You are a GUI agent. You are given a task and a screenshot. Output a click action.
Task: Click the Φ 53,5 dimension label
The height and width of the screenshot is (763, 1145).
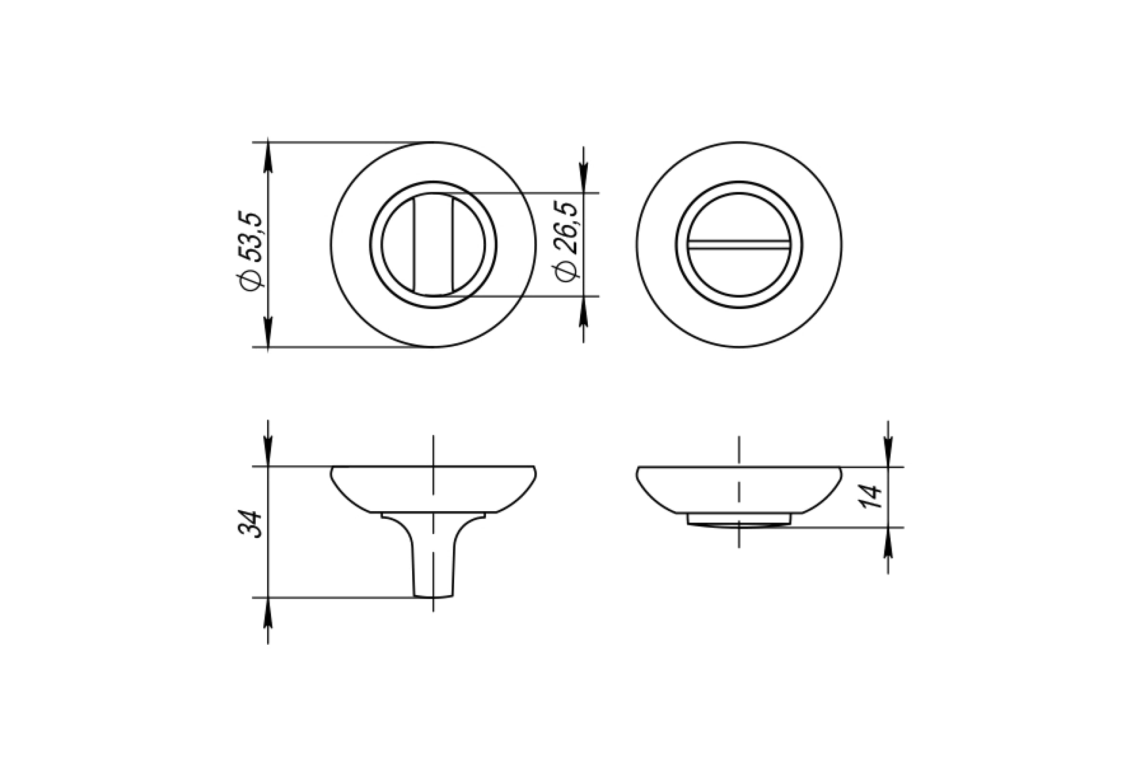[x=250, y=252]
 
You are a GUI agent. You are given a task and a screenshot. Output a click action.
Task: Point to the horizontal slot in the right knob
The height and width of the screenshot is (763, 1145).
[x=739, y=245]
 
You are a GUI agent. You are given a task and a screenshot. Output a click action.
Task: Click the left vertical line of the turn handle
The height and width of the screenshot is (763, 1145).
[x=414, y=245]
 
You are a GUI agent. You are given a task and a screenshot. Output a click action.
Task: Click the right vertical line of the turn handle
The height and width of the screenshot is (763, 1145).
[x=452, y=245]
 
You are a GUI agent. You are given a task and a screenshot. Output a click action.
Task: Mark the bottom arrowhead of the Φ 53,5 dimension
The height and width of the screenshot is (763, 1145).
[x=268, y=332]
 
